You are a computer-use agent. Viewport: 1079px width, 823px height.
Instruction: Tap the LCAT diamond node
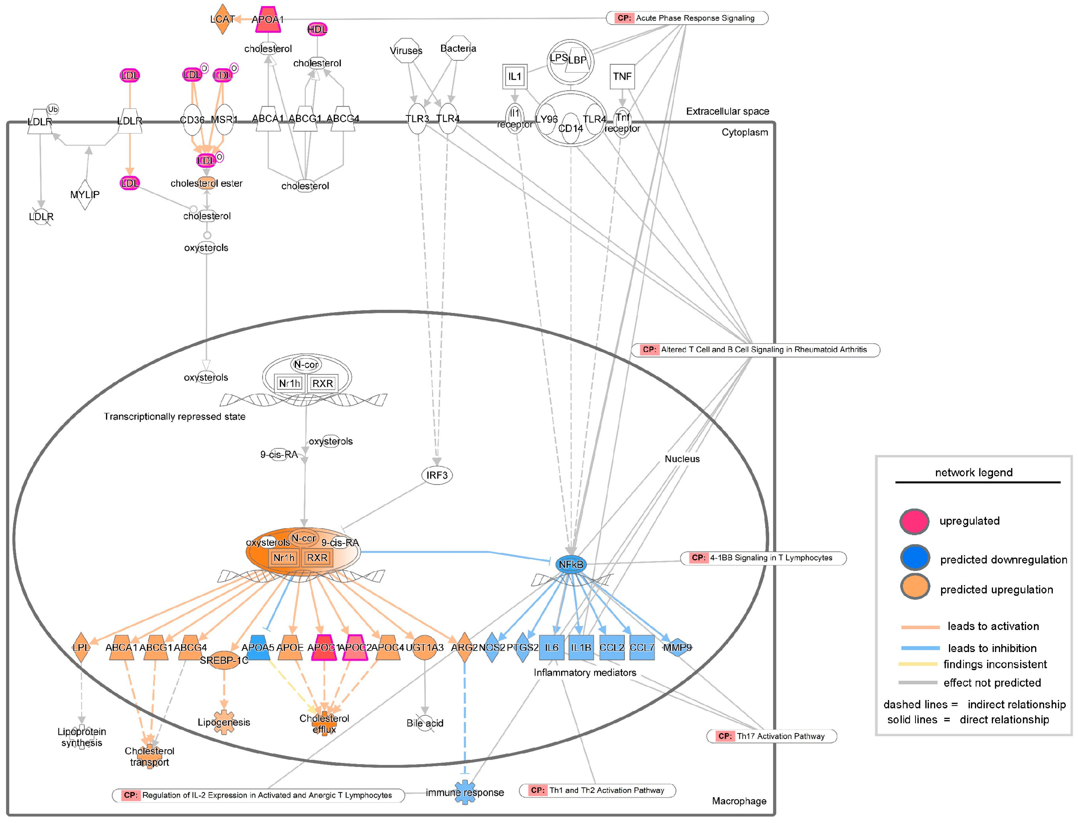[x=222, y=20]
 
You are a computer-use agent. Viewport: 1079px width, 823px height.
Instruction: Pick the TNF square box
[x=622, y=76]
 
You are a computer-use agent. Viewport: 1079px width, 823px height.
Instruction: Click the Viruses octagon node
[x=406, y=50]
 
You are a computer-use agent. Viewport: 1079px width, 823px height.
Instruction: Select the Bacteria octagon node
[x=458, y=48]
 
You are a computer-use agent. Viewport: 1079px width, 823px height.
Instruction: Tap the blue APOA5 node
[x=258, y=648]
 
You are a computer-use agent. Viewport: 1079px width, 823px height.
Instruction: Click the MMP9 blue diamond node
[x=677, y=648]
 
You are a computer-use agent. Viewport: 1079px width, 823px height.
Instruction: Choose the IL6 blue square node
[x=551, y=648]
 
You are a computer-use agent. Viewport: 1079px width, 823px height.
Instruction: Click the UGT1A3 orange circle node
[x=425, y=648]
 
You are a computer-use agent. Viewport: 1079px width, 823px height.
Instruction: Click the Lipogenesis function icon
[x=224, y=722]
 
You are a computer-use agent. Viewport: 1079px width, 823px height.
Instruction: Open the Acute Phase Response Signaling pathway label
[x=687, y=18]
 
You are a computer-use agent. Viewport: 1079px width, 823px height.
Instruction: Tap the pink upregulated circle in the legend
[x=914, y=521]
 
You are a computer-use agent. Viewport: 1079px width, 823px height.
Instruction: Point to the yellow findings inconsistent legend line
[x=917, y=664]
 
